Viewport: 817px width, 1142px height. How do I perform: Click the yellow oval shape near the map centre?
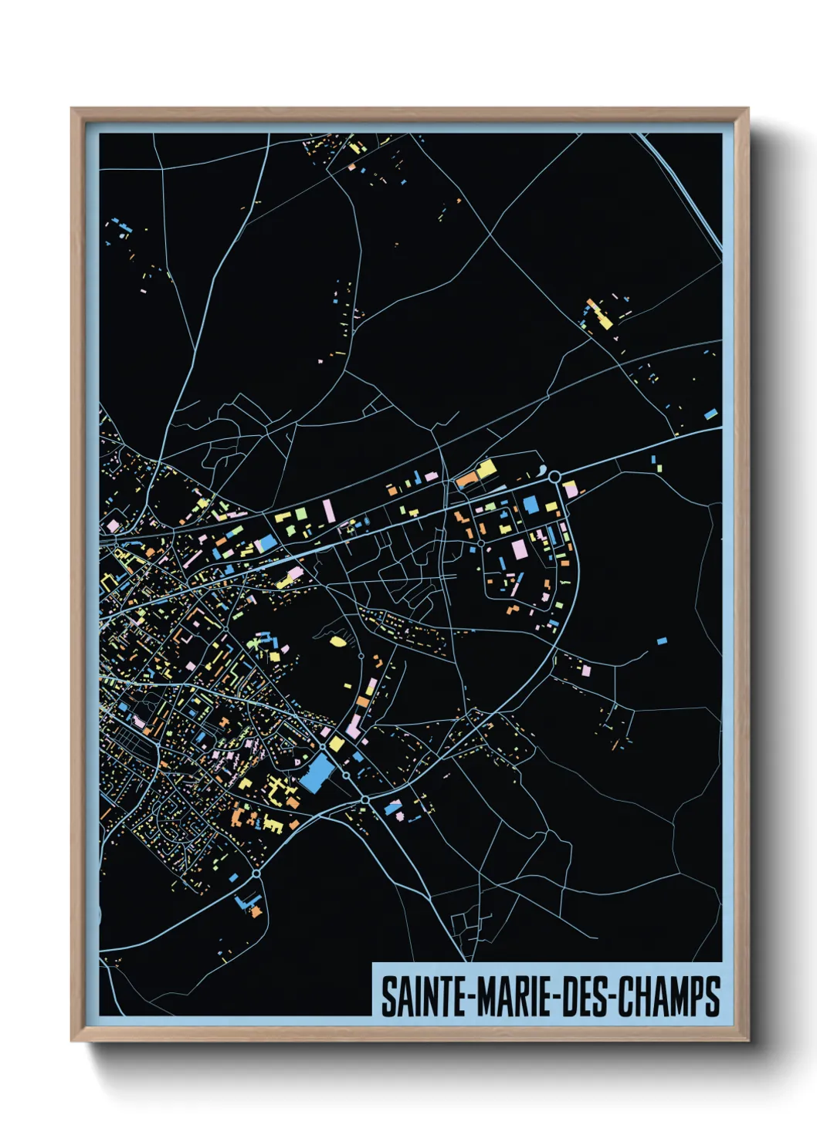(337, 640)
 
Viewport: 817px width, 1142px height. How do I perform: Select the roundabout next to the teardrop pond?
(554, 478)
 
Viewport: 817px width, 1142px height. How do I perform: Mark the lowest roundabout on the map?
(256, 873)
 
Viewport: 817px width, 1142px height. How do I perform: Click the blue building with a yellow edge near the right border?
(710, 414)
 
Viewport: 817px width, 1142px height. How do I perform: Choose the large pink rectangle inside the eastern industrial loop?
(519, 549)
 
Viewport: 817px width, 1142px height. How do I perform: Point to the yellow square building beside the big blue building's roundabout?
(337, 744)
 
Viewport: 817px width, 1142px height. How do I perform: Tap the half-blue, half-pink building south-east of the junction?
(393, 808)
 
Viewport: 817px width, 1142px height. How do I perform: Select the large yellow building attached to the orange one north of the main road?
(485, 469)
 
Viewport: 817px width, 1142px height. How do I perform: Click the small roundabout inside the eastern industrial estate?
(481, 543)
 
